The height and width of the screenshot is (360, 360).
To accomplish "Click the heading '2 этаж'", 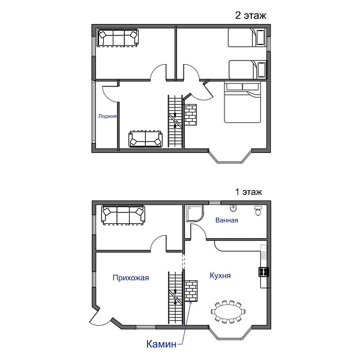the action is [x=250, y=16].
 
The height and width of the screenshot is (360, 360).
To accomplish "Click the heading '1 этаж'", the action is [x=248, y=192].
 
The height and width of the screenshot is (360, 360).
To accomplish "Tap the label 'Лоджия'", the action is [x=107, y=116].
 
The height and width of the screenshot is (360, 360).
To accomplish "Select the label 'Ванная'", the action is [x=227, y=220].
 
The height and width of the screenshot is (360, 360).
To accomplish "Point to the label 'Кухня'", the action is [x=220, y=275].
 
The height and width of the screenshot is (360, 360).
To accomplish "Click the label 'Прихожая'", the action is [x=131, y=278].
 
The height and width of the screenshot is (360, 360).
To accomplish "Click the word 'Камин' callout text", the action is [x=161, y=344].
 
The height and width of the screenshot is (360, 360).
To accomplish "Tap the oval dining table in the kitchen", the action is [x=228, y=311].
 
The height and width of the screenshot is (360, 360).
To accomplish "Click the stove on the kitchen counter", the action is [x=264, y=272].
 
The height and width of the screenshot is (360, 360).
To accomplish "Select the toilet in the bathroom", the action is [x=258, y=211].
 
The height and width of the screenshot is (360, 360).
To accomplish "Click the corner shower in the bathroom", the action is [x=195, y=213].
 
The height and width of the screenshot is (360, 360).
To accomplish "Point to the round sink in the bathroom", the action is [x=233, y=208].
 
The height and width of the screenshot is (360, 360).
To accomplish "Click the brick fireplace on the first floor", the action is [x=191, y=290].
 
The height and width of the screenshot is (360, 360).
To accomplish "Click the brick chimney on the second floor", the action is [x=191, y=115].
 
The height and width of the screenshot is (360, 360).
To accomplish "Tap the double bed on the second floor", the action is [x=242, y=103].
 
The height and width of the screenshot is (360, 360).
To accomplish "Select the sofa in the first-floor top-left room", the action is [x=123, y=215].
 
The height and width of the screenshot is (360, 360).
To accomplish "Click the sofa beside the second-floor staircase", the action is [x=146, y=139].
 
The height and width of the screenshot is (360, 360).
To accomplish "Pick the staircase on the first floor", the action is [x=175, y=298].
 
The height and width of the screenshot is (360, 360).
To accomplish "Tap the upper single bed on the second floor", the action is [x=247, y=38].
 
